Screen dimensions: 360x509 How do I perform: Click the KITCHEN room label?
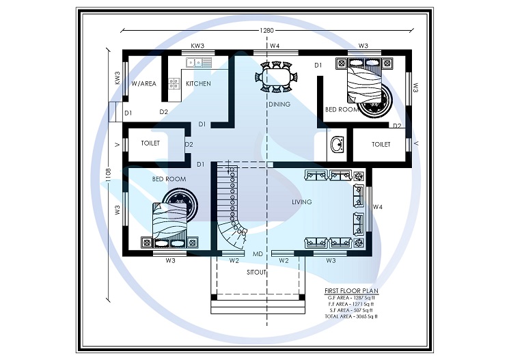click(x=198, y=83)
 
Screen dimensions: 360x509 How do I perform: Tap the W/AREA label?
click(x=143, y=83)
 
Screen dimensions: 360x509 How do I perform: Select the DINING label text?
click(x=279, y=105)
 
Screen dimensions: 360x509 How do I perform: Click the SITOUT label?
click(x=257, y=272)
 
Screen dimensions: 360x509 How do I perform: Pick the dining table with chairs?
click(x=276, y=76)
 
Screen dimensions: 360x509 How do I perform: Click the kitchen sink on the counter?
click(x=193, y=63)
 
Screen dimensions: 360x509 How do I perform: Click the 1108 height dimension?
click(x=107, y=176)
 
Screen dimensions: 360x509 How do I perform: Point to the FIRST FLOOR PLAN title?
click(x=352, y=290)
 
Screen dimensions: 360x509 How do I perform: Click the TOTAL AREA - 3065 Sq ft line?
click(x=352, y=317)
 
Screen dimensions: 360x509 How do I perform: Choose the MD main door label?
click(x=258, y=254)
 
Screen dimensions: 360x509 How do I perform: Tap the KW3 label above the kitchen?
click(x=198, y=46)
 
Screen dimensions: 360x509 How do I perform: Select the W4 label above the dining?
click(x=275, y=46)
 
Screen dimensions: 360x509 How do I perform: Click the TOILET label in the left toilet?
click(x=150, y=143)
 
